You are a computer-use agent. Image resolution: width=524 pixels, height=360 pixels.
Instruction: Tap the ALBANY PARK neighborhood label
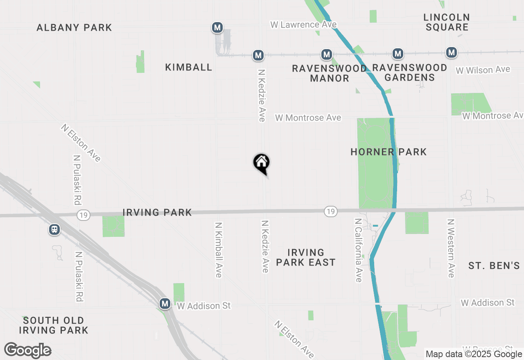(74, 27)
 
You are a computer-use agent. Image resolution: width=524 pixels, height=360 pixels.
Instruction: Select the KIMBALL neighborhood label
(189, 67)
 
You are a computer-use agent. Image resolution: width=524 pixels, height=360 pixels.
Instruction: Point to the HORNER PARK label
(388, 152)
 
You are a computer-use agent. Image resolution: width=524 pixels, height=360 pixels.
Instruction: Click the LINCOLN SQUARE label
(447, 22)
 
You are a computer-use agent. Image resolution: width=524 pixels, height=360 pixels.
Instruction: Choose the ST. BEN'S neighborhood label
(494, 265)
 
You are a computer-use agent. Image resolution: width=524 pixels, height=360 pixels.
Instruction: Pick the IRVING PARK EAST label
(306, 257)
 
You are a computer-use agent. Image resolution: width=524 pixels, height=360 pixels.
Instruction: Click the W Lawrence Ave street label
(303, 25)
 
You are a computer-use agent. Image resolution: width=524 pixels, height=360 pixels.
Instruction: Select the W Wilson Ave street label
(483, 70)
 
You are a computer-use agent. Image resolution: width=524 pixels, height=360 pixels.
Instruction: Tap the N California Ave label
(359, 250)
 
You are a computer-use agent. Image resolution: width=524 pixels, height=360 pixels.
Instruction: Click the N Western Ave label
(451, 248)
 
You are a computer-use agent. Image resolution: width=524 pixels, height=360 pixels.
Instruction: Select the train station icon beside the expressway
(54, 229)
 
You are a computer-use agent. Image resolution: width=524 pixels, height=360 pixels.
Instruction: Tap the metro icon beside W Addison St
(165, 304)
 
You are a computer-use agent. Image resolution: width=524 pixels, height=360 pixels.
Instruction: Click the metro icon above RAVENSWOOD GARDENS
(398, 53)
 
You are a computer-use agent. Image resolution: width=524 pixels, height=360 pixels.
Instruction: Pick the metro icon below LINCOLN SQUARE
(452, 52)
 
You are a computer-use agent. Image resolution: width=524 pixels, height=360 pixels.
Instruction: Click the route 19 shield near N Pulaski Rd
(83, 215)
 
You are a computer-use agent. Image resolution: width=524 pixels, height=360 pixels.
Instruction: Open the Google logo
(28, 351)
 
